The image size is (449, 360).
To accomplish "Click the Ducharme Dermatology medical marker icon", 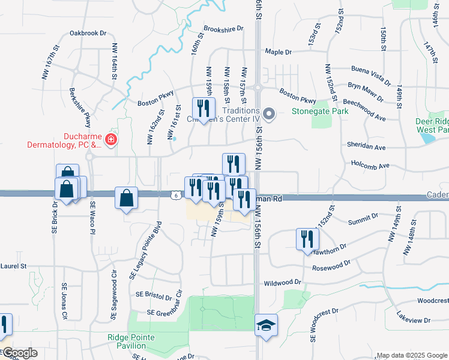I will tap(110, 140).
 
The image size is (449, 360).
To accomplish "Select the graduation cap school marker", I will tap(266, 325).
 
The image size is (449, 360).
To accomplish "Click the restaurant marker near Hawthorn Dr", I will tap(307, 238).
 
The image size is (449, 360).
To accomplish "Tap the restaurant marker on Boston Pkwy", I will tap(203, 109).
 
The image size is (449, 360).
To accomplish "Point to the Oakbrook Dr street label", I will tap(88, 34).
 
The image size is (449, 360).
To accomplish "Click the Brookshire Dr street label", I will tap(223, 28).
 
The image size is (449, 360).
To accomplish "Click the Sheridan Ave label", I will tap(366, 146).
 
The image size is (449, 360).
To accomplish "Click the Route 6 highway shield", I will tap(173, 194).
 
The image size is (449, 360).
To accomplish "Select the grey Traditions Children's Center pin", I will tap(269, 113).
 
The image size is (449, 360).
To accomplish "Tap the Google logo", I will tap(19, 353).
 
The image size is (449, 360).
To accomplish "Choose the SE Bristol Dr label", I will tap(154, 295).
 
